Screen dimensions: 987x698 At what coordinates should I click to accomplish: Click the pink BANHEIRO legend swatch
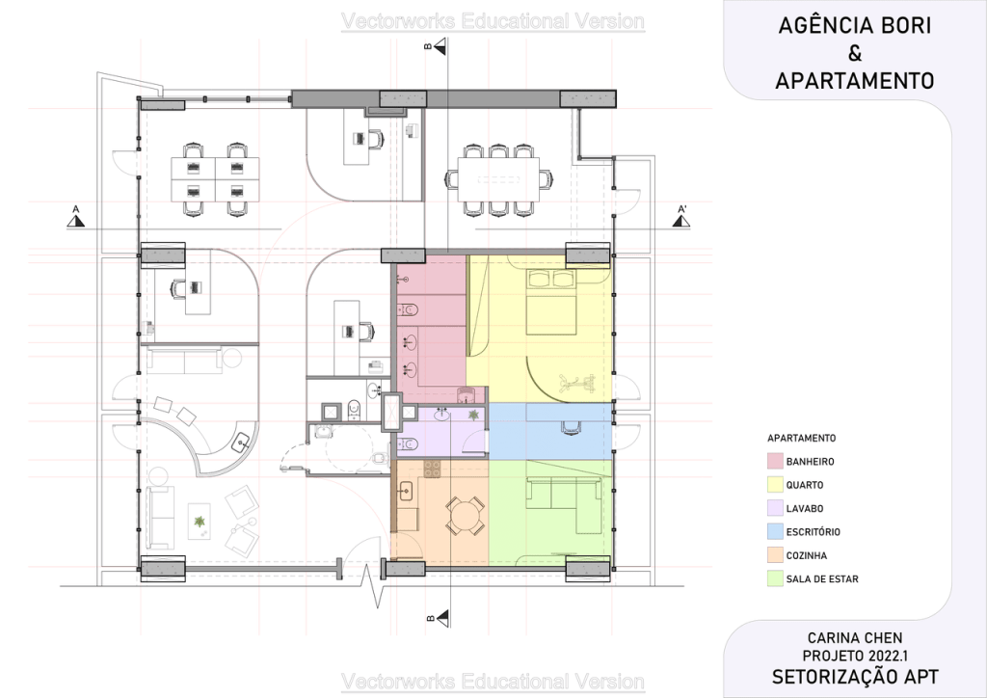coord(775,462)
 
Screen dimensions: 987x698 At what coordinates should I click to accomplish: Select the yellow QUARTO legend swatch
coord(775,485)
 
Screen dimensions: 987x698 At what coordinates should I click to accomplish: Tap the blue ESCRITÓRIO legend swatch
coord(775,532)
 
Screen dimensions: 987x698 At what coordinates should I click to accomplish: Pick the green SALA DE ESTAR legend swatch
coord(775,579)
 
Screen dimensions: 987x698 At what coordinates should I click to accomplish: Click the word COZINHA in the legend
coord(807,555)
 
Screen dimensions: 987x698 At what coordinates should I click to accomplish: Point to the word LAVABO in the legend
coord(805,508)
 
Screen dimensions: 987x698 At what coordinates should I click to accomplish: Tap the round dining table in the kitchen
coord(465,516)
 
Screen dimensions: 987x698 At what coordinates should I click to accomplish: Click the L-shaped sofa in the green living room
coord(562,497)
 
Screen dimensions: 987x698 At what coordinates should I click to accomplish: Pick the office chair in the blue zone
coord(571,427)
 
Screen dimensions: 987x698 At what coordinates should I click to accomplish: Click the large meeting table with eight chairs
coord(499,179)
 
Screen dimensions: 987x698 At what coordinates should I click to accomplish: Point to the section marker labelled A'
coord(681,216)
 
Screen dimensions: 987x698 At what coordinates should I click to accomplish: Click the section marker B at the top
coord(437,45)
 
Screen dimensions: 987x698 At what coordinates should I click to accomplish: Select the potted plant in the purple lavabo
coord(472,415)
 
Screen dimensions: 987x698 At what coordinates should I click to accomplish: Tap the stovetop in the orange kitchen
coord(432,469)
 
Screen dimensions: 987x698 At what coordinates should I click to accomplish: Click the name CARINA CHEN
coord(855,638)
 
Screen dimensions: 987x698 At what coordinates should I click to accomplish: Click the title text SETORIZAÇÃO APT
coord(855,677)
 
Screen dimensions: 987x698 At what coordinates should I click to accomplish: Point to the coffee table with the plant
coord(200,522)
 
